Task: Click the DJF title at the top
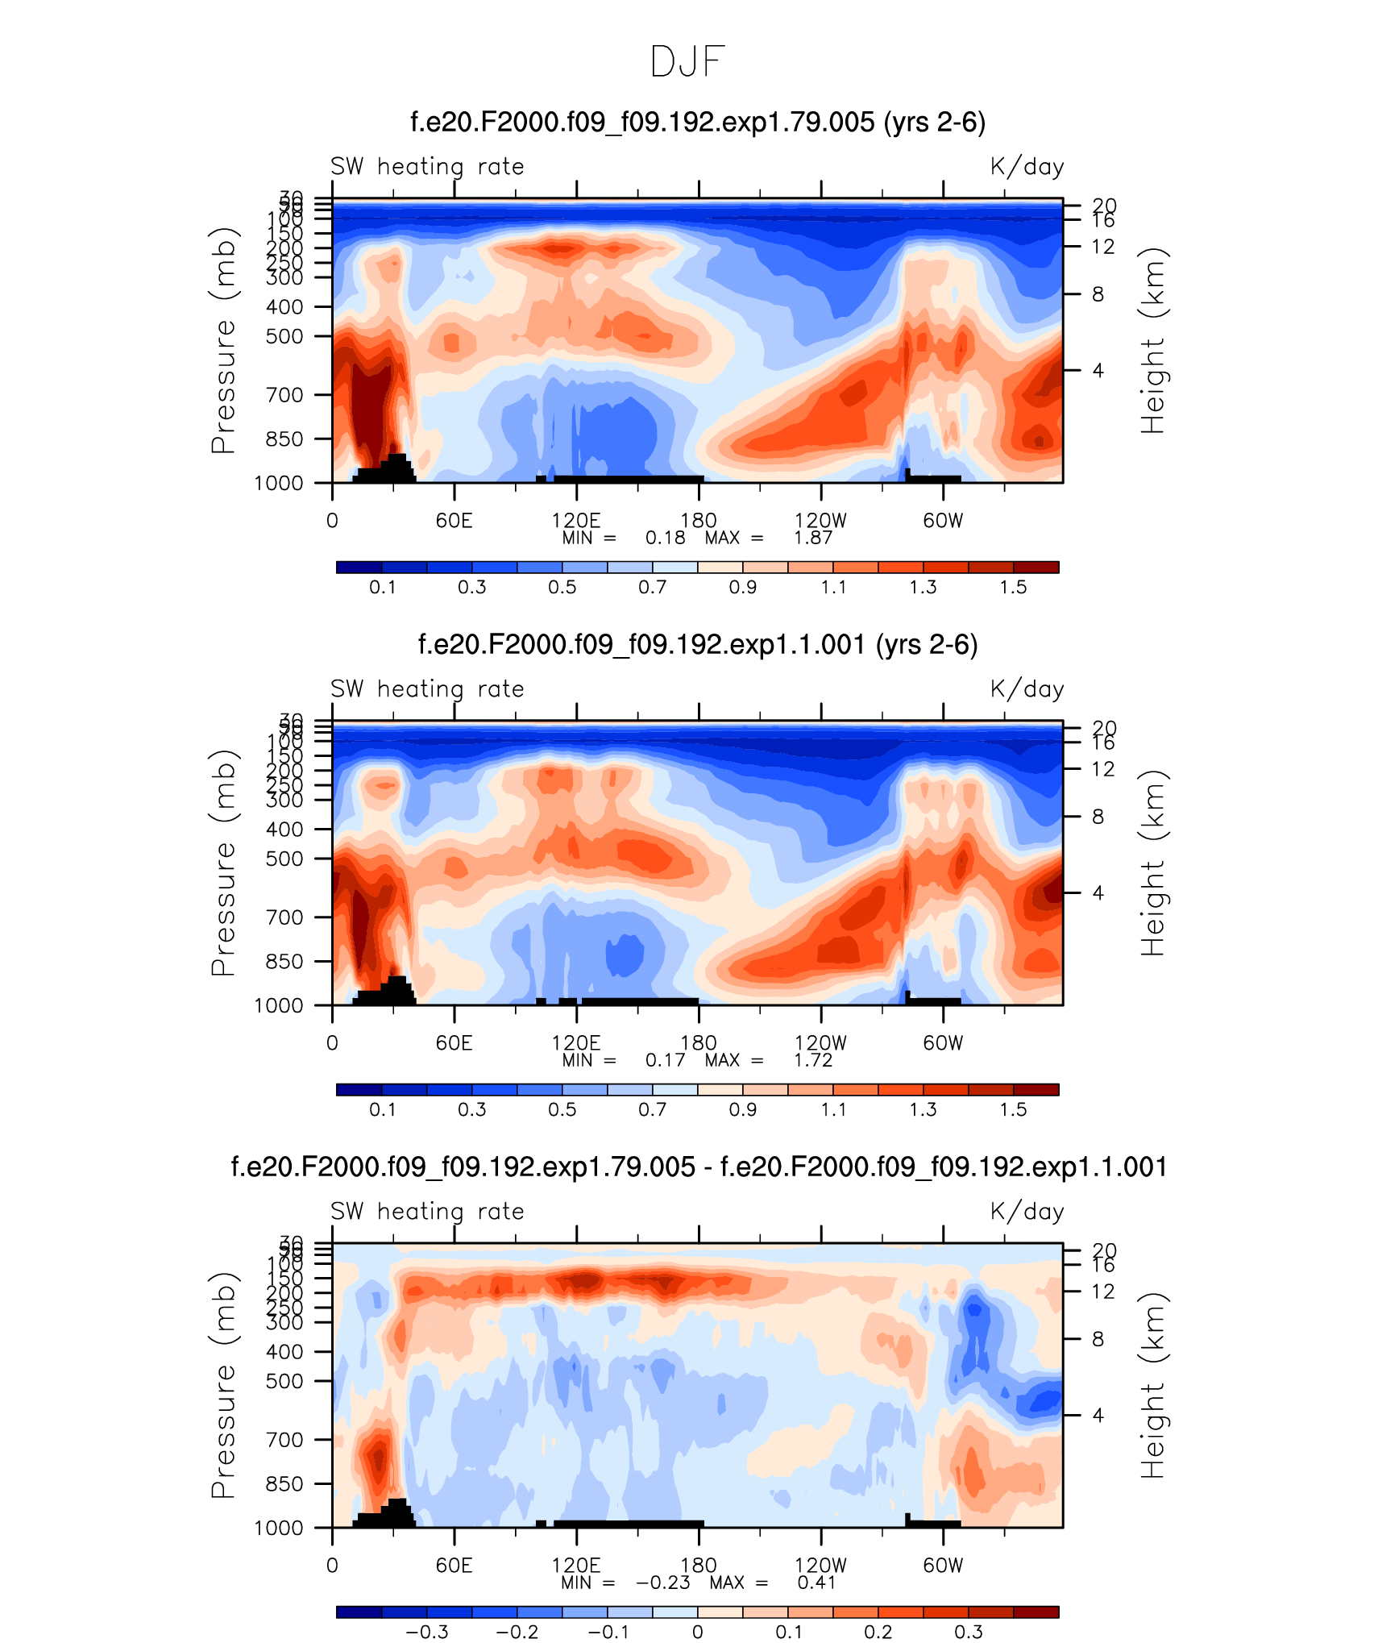tap(687, 62)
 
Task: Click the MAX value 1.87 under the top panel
tap(812, 538)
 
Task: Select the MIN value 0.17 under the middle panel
tap(665, 1060)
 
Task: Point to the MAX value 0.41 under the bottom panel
tap(816, 1583)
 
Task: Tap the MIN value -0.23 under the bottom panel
tap(662, 1583)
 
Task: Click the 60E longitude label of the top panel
tap(454, 521)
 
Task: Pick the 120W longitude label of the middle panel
tap(820, 1043)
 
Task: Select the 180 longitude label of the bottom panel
tap(698, 1566)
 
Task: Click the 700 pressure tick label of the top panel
tap(284, 395)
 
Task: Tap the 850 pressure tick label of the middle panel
tap(284, 962)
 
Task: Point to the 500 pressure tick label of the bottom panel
tap(284, 1381)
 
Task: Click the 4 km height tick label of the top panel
tap(1098, 371)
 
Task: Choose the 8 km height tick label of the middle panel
tap(1098, 817)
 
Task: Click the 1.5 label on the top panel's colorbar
tap(1013, 588)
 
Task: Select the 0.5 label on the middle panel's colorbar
tap(562, 1110)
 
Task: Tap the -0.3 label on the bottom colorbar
tap(426, 1633)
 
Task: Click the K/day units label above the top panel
tap(1027, 167)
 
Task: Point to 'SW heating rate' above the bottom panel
tap(427, 1212)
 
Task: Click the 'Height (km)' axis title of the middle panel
tap(1152, 863)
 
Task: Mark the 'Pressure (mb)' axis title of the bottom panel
tap(223, 1386)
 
